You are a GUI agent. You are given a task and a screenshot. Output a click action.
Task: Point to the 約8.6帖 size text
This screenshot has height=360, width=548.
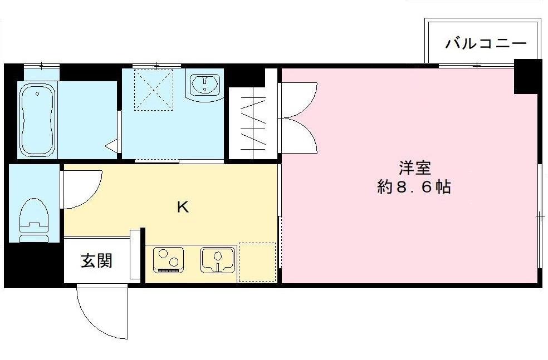[414, 188]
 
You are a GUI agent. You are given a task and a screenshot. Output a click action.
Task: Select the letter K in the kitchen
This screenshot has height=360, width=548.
[182, 208]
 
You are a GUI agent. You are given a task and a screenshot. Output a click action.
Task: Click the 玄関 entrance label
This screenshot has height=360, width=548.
[97, 260]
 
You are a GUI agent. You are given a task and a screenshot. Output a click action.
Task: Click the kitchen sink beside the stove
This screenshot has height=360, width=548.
[218, 260]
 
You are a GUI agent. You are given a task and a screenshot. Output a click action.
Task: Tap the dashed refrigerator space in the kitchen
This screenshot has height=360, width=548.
[257, 262]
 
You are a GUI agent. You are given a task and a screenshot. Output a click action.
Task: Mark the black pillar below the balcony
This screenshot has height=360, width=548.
[527, 77]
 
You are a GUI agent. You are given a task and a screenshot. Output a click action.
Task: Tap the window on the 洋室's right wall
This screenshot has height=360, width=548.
[540, 215]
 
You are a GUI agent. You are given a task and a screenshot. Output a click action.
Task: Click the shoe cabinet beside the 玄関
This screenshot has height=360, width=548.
[135, 254]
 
